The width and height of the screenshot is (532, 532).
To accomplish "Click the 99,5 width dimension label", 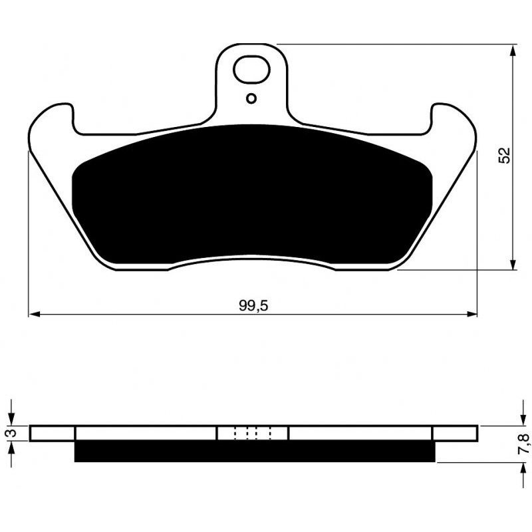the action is click(x=253, y=306).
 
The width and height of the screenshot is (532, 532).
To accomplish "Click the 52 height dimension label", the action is click(x=504, y=156).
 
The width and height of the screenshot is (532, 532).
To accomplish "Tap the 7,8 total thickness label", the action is click(x=523, y=444).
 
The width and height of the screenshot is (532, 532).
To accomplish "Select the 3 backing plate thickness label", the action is click(x=11, y=433).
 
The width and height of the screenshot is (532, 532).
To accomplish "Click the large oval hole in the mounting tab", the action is click(x=251, y=70).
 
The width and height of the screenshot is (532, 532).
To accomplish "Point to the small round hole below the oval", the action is click(x=251, y=98).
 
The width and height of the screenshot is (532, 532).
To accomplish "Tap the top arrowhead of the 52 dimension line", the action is click(x=513, y=51).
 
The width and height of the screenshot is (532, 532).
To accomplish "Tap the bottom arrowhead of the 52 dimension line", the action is click(x=513, y=264).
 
